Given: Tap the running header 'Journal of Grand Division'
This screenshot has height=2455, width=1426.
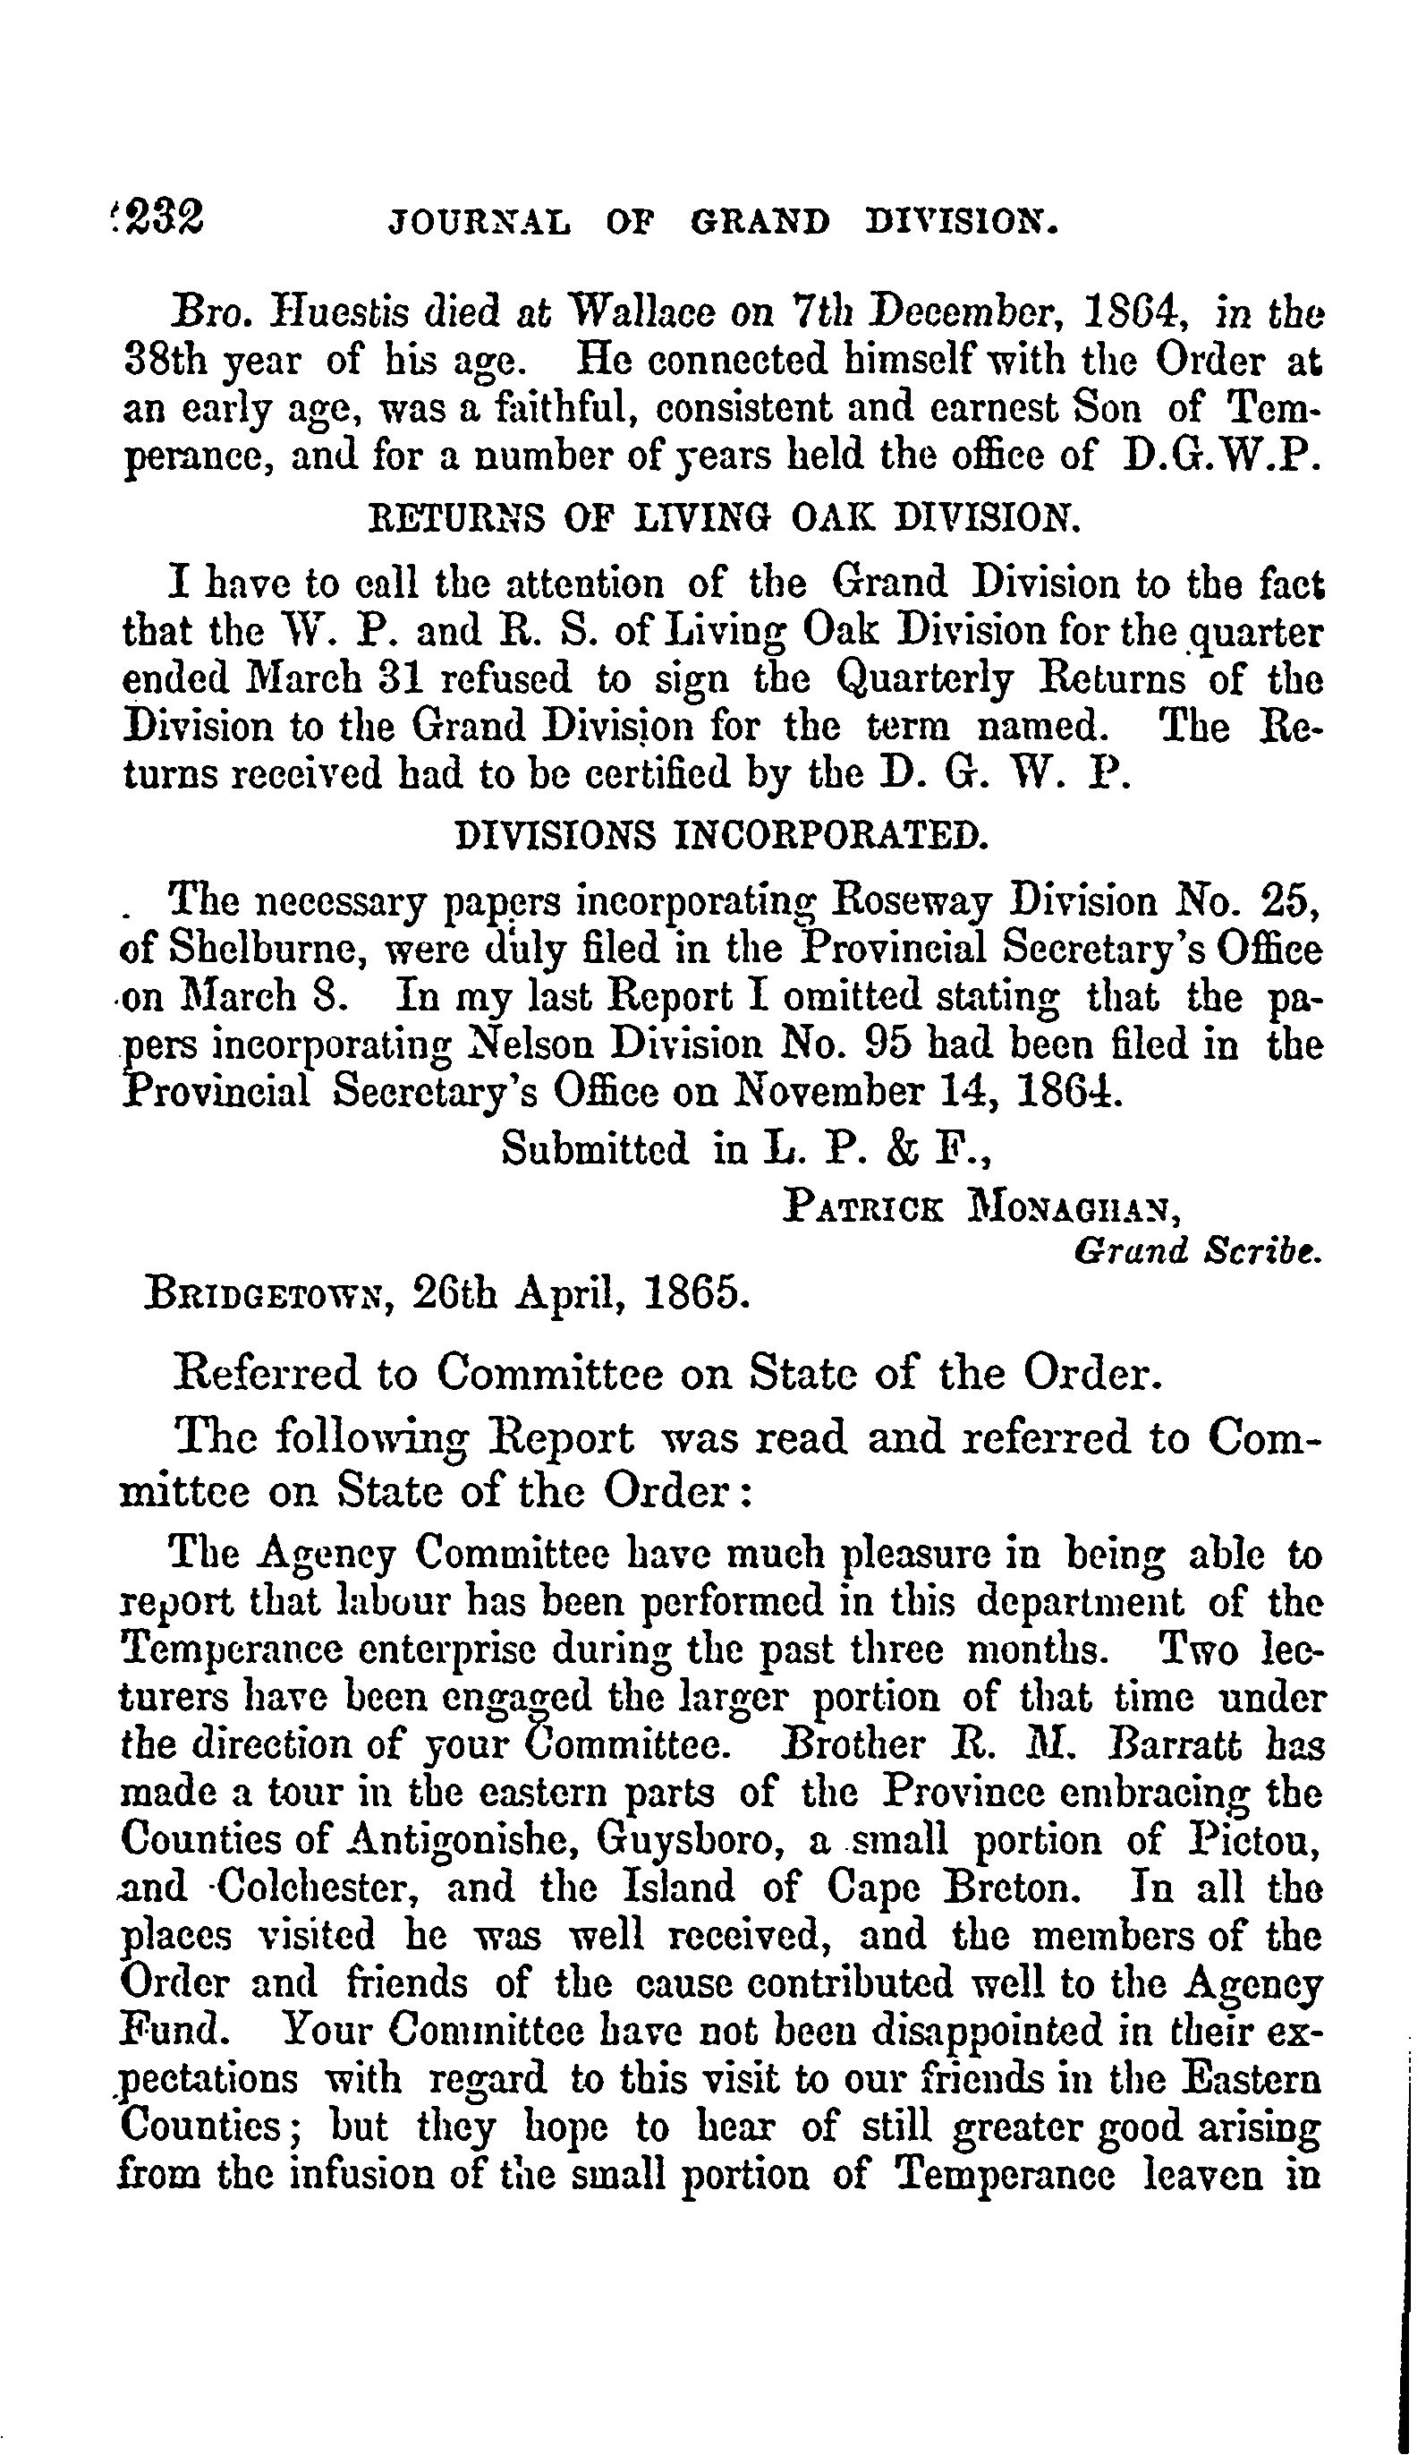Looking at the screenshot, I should tap(723, 223).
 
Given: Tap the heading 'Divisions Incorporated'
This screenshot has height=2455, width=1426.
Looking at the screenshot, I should tap(723, 834).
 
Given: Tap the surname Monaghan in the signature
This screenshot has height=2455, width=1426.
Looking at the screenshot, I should tap(1073, 1208).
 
